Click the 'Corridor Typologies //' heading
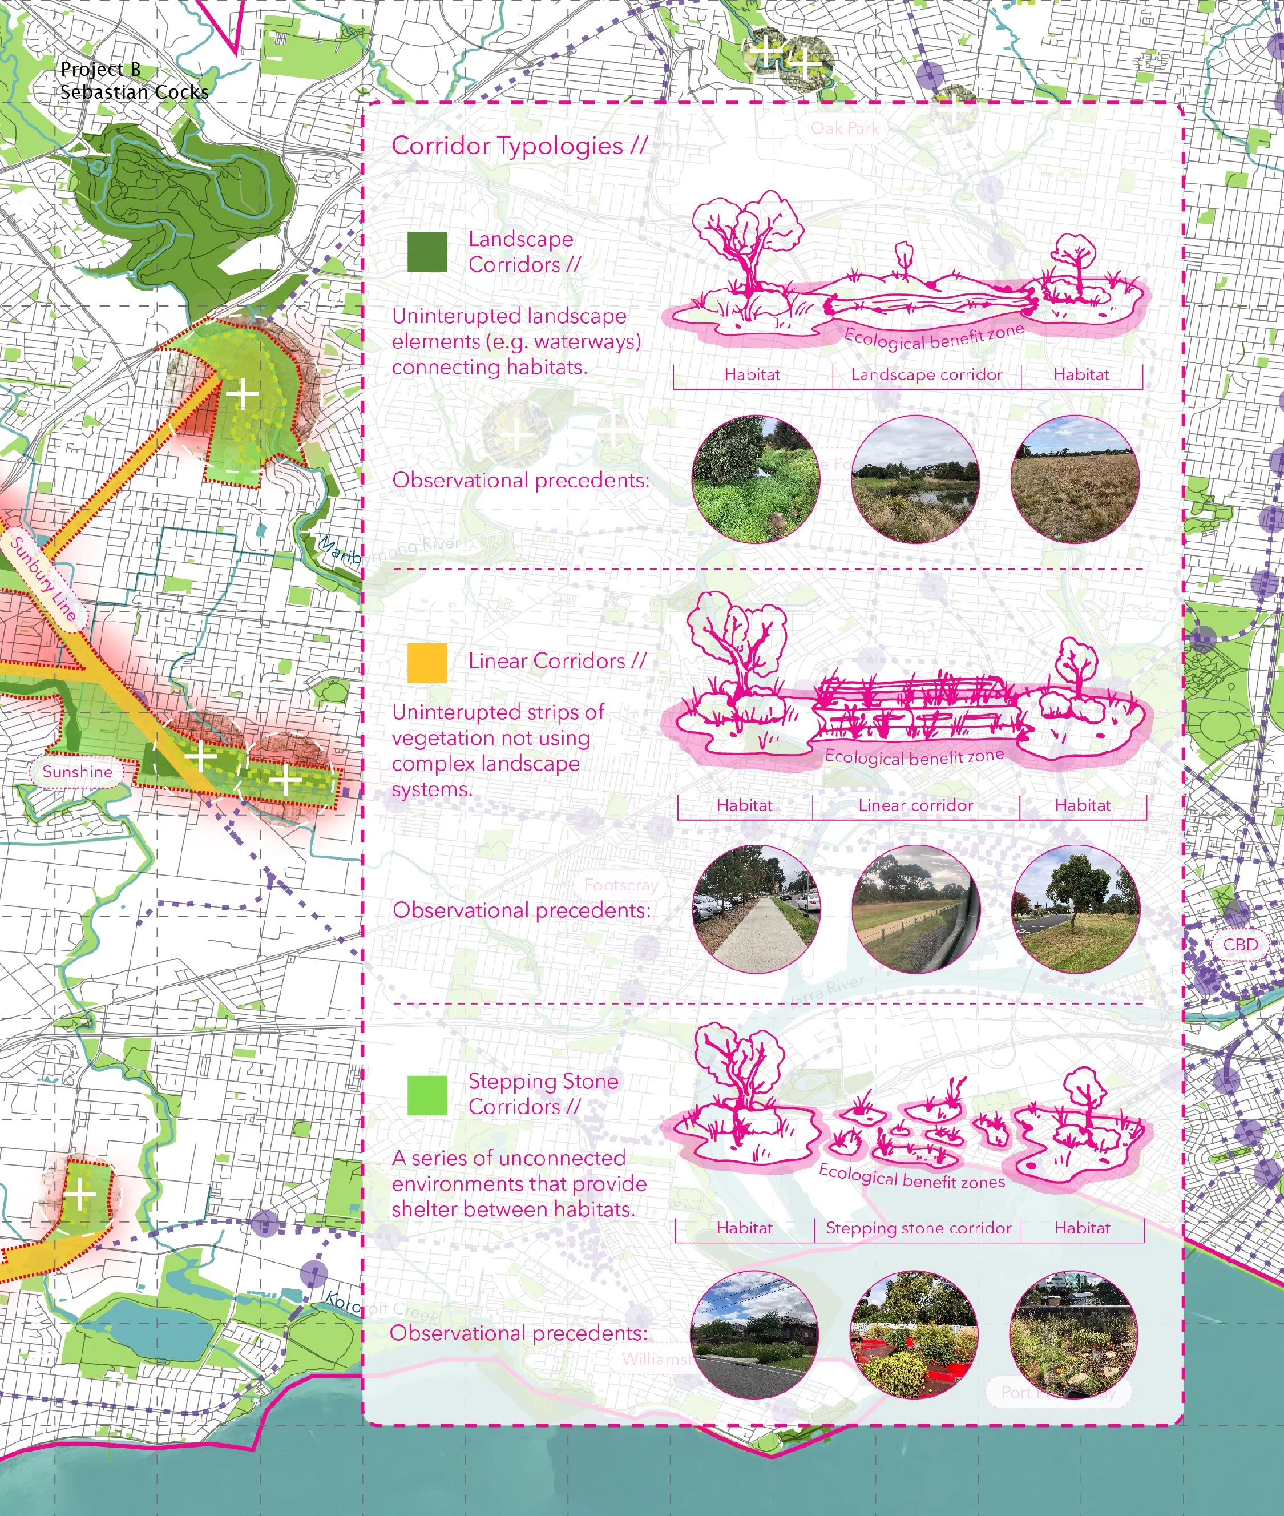coord(518,146)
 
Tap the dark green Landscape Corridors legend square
coord(427,252)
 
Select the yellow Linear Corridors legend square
coord(427,663)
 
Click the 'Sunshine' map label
coord(77,772)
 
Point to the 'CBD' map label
coord(1239,945)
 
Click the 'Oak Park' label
coord(845,129)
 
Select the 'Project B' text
coord(100,70)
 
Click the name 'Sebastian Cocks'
coord(134,92)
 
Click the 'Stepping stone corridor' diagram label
coord(918,1228)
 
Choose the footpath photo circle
coord(756,909)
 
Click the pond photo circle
coord(915,479)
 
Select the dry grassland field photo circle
coord(1075,479)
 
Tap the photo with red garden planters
coord(914,1334)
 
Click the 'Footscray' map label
coord(620,885)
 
